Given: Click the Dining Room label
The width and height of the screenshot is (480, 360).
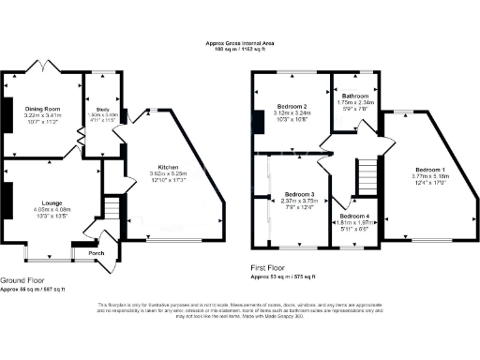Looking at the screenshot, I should click(x=41, y=109).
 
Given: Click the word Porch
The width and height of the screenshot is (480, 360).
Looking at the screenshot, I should click(x=95, y=252).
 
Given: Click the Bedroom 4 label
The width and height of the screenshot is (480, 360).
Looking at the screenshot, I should click(x=354, y=217).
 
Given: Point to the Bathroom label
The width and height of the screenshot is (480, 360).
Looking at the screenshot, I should click(x=354, y=96).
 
